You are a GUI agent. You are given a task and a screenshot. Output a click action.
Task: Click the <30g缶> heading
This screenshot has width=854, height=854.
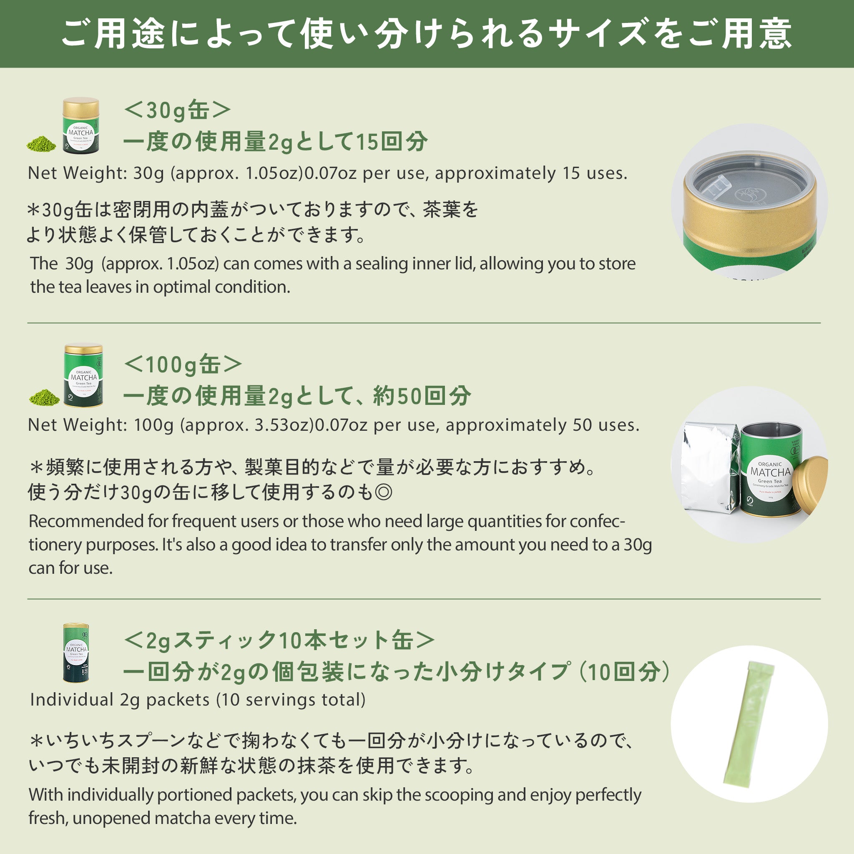tap(177, 110)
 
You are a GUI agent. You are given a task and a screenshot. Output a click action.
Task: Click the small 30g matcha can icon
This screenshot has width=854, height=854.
tap(80, 126)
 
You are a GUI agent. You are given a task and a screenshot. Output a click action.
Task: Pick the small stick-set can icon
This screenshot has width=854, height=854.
tap(76, 653)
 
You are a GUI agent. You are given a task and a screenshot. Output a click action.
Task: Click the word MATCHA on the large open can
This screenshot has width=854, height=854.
tap(770, 472)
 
